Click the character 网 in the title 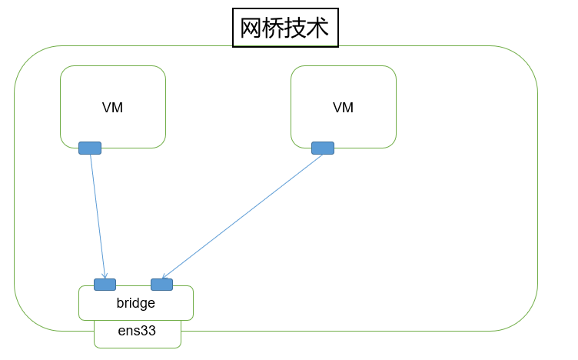251,28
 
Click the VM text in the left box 112,108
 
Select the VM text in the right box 343,108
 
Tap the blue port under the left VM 90,148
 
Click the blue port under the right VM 323,148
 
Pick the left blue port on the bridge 105,285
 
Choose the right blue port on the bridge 161,285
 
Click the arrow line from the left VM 98,215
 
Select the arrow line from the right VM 242,216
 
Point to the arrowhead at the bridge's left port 105,275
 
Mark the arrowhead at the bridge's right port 164,276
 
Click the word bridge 136,303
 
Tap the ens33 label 137,332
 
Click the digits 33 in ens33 148,332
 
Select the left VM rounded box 113,85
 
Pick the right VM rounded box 344,85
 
